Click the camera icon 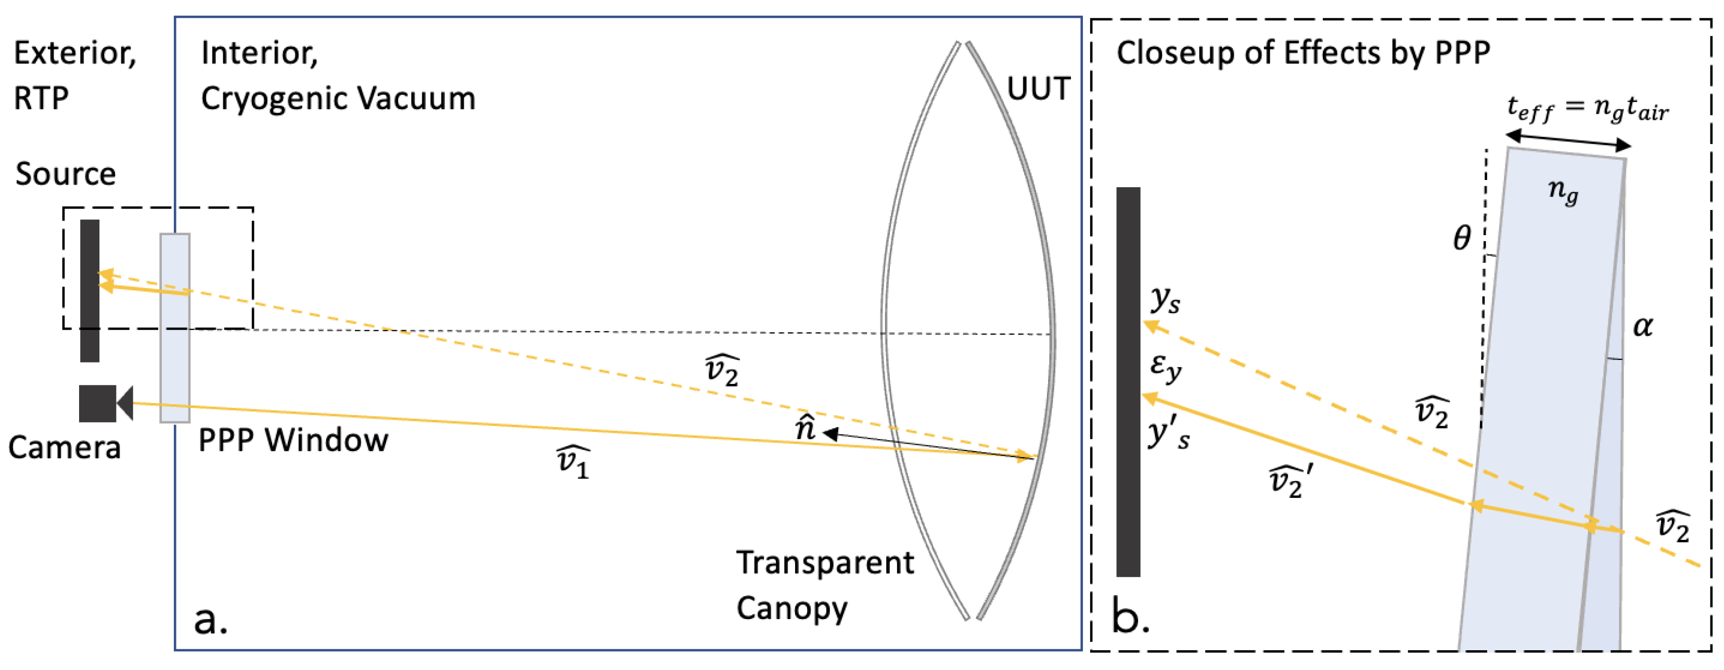[104, 403]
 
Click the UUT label [1038, 88]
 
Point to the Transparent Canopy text [824, 584]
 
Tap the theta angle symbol [1461, 238]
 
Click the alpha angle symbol [1642, 327]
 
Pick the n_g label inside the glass [1563, 191]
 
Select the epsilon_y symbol [1165, 367]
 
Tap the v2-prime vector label [1291, 481]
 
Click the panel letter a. [210, 620]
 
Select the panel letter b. [1130, 616]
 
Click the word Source [66, 174]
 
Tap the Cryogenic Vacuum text [338, 99]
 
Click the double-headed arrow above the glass [1567, 140]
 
